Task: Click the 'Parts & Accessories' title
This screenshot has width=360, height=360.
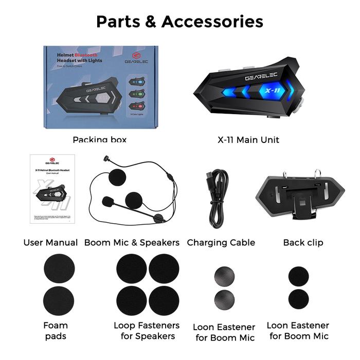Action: [x=179, y=22]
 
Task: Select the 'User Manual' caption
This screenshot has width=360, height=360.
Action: [x=50, y=242]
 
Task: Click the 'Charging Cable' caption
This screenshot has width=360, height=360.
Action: [x=221, y=242]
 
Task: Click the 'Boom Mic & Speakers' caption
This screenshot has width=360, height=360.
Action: [x=132, y=242]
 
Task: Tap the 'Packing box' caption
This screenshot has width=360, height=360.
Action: [x=99, y=139]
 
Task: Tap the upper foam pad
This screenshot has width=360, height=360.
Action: [x=59, y=269]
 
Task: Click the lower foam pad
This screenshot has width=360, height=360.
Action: [x=59, y=300]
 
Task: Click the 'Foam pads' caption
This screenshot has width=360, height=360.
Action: [x=56, y=331]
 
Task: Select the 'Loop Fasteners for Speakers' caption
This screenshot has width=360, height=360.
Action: [x=147, y=331]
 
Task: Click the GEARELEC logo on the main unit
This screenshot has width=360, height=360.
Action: [x=263, y=77]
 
